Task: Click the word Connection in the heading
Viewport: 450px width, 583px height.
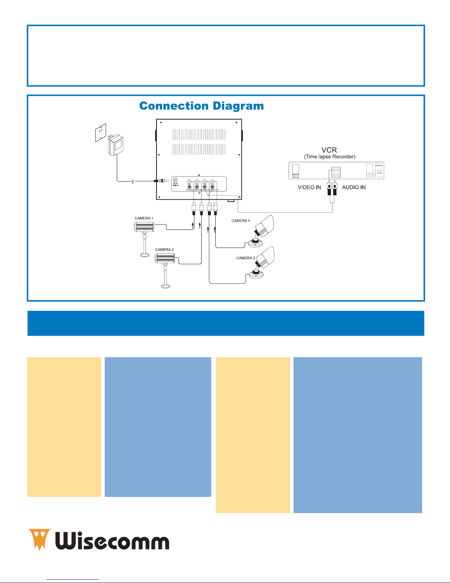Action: pyautogui.click(x=174, y=106)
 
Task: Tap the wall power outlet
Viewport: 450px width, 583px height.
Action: pyautogui.click(x=100, y=132)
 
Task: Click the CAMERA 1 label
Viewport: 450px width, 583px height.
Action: pyautogui.click(x=144, y=218)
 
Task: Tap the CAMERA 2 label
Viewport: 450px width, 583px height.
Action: pyautogui.click(x=164, y=249)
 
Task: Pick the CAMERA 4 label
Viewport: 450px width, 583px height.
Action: pyautogui.click(x=241, y=221)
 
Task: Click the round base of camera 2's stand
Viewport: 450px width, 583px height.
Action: pyautogui.click(x=165, y=285)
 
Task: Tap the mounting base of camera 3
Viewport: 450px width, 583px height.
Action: pyautogui.click(x=256, y=274)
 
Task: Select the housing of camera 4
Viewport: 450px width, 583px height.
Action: pyautogui.click(x=266, y=225)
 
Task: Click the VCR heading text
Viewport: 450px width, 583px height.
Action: pyautogui.click(x=329, y=150)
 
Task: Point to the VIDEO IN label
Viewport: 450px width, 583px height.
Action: pyautogui.click(x=309, y=187)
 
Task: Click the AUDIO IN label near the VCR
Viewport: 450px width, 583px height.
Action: pyautogui.click(x=354, y=187)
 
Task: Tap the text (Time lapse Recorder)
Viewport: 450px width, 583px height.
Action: pyautogui.click(x=330, y=157)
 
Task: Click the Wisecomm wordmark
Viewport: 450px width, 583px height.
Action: pyautogui.click(x=112, y=540)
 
